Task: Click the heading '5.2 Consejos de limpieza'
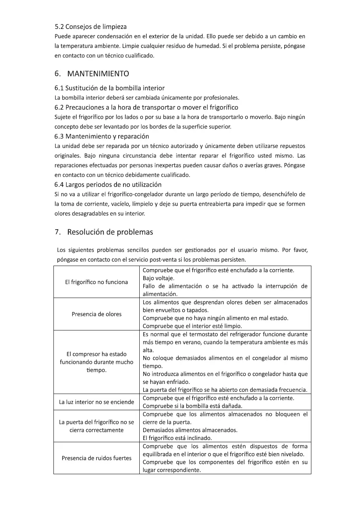pyautogui.click(x=91, y=27)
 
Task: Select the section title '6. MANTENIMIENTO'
pyautogui.click(x=92, y=73)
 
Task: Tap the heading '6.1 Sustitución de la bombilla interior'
pyautogui.click(x=109, y=88)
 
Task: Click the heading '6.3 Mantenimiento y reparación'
pyautogui.click(x=102, y=136)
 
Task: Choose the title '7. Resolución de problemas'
pyautogui.click(x=104, y=232)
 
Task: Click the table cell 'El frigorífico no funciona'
pyautogui.click(x=96, y=282)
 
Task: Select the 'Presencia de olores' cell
pyautogui.click(x=96, y=314)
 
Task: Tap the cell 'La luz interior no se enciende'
pyautogui.click(x=96, y=402)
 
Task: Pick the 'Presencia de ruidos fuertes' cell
pyautogui.click(x=96, y=458)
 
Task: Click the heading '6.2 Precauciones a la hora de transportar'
pyautogui.click(x=146, y=107)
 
